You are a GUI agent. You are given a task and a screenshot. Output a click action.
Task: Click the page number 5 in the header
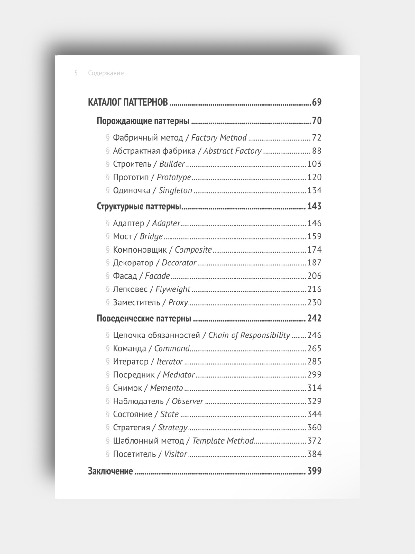click(x=76, y=73)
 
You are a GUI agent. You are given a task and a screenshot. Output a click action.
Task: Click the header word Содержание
click(x=106, y=73)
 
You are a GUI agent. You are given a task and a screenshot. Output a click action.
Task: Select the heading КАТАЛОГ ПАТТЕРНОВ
click(x=128, y=102)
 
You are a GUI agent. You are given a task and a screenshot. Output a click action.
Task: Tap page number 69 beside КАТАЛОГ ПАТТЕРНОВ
click(x=317, y=102)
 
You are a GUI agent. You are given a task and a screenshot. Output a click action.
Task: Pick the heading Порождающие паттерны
click(x=143, y=121)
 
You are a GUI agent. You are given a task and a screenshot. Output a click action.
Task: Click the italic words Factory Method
click(x=219, y=138)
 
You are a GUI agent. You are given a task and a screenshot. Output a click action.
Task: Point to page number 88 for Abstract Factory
click(x=317, y=151)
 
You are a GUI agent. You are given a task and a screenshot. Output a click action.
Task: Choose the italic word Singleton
click(x=175, y=190)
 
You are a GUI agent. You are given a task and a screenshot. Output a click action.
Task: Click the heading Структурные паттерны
click(x=139, y=206)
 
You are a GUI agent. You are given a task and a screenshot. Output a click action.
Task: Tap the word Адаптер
click(x=128, y=223)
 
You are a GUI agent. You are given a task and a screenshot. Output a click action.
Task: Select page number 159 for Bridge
click(x=314, y=236)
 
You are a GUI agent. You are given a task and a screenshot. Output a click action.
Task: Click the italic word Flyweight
click(x=173, y=289)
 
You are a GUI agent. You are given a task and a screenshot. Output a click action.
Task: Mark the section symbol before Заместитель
click(x=108, y=302)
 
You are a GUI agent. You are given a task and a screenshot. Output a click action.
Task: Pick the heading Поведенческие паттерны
click(x=144, y=319)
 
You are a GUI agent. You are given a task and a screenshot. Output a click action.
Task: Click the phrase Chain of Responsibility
click(x=249, y=335)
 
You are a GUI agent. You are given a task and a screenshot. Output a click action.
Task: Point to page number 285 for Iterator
click(x=314, y=362)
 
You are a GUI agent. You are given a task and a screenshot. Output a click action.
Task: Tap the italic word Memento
click(x=166, y=388)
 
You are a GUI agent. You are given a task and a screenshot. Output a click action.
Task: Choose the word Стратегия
click(x=131, y=428)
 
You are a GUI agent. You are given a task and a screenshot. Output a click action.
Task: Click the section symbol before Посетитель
click(x=108, y=454)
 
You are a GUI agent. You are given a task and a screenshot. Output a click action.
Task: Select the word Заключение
click(x=110, y=471)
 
